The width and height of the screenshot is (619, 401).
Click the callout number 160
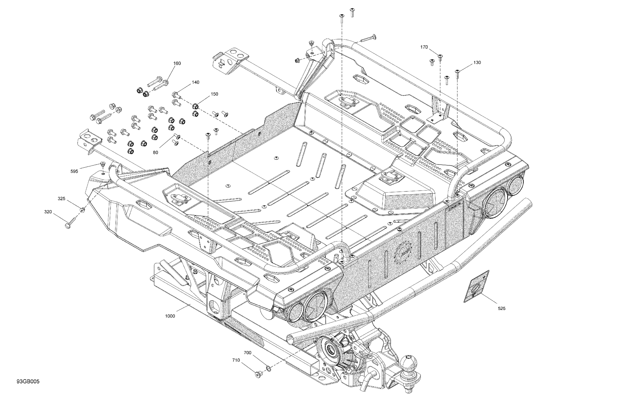pos(177,64)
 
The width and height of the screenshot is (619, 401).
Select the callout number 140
pos(196,82)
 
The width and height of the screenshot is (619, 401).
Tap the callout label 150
pos(214,94)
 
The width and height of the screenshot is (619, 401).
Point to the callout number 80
pos(155,153)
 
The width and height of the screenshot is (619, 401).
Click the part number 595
pos(74,172)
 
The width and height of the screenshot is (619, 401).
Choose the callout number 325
pos(61,199)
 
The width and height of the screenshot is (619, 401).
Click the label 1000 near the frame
pos(170,316)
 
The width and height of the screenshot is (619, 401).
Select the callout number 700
pos(248,353)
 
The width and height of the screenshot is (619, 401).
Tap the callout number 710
pos(236,360)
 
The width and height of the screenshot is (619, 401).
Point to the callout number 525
pos(502,308)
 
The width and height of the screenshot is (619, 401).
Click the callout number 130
pos(477,63)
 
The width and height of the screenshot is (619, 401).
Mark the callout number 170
pos(424,47)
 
